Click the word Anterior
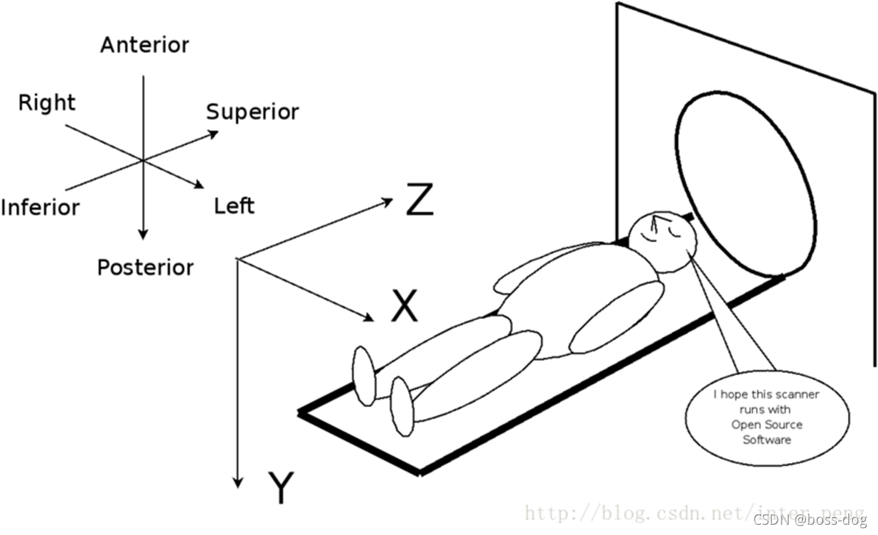[x=144, y=45]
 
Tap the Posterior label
[x=145, y=266]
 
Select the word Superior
[x=252, y=112]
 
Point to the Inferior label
[x=40, y=207]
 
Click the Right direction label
[x=46, y=102]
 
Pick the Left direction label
[x=234, y=205]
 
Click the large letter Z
[x=419, y=202]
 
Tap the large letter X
[x=404, y=306]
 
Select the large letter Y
[x=280, y=489]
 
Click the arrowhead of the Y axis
[x=237, y=483]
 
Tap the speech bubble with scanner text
[x=766, y=417]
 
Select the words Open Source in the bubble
[x=766, y=425]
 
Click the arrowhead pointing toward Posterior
[x=144, y=233]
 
